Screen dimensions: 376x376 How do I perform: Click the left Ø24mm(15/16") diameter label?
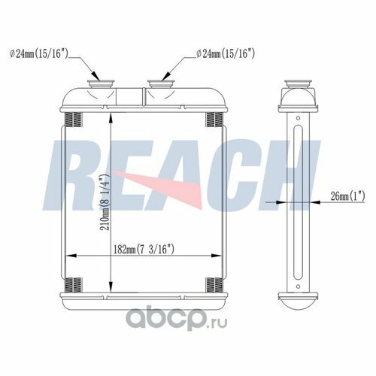tap(39, 54)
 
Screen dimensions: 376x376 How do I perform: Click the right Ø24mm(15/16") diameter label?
tap(226, 54)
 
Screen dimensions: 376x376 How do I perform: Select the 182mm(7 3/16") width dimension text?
tap(144, 250)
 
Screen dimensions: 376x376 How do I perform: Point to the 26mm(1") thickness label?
tap(347, 196)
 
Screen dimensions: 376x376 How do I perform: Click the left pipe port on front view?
tap(101, 84)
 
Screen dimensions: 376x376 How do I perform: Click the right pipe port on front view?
tap(161, 84)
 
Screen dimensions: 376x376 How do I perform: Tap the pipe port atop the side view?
tap(298, 84)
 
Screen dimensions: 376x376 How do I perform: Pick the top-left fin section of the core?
tap(74, 120)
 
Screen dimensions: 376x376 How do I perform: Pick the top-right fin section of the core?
tap(214, 120)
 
